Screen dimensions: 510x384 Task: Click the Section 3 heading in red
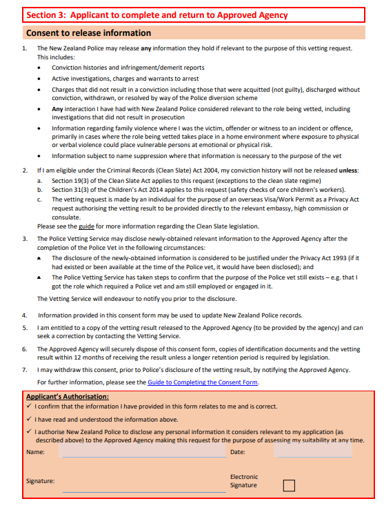tap(156, 15)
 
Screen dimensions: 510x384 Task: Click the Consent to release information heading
tap(88, 32)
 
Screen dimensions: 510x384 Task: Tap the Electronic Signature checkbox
tap(289, 485)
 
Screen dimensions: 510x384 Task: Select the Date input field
tap(312, 452)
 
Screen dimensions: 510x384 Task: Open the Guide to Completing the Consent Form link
tap(203, 382)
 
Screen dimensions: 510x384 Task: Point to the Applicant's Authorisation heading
tap(68, 397)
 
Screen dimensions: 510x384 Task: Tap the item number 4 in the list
tap(24, 315)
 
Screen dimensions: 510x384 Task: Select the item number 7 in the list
tap(24, 370)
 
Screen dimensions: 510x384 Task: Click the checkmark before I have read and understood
tap(29, 420)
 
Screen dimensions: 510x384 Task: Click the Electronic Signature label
tap(243, 481)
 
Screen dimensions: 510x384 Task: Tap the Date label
tap(237, 452)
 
